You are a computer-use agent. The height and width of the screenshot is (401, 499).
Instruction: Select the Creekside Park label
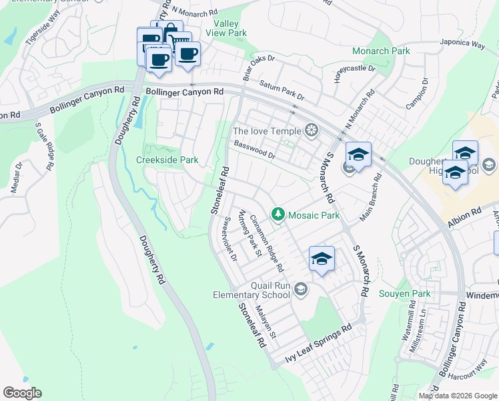coord(167,160)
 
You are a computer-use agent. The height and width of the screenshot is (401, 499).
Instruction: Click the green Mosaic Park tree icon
coord(278,215)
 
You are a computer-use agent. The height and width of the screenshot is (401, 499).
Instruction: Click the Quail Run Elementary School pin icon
coord(301,289)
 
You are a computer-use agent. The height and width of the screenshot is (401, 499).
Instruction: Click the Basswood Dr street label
coord(254,150)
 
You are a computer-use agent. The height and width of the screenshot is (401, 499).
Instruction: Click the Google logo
coord(22,393)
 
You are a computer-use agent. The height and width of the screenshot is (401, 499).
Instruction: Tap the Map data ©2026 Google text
coord(457,396)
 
